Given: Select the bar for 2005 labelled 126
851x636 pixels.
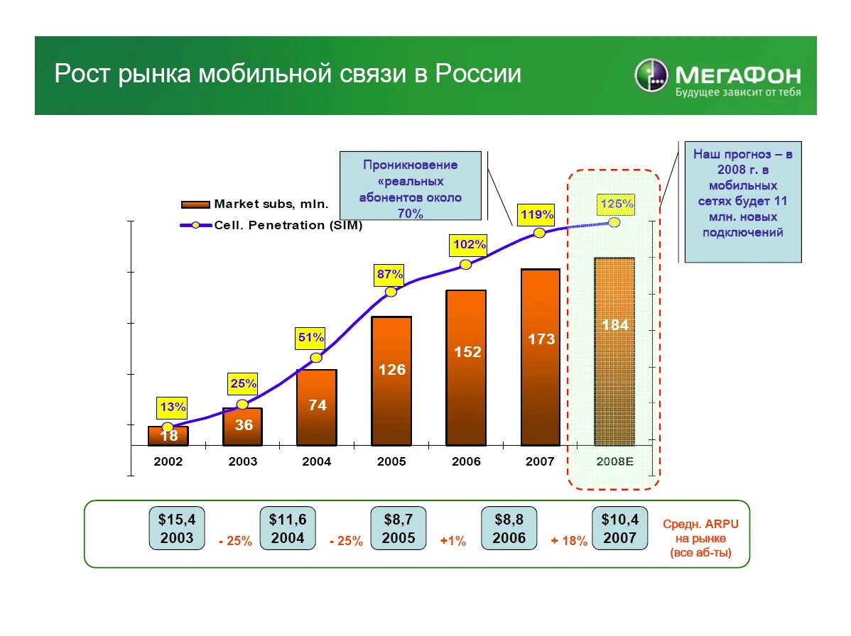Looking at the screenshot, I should coord(391,380).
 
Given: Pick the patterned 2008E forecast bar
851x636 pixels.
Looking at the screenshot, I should coord(614,351).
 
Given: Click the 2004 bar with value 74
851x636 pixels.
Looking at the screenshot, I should coord(317,407).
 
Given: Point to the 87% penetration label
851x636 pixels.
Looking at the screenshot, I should coord(390,274).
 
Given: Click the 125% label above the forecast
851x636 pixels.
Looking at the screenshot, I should coord(616,204).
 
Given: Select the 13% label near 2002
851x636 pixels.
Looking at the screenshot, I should coord(173,407).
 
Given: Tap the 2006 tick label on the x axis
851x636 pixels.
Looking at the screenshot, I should coord(466,461).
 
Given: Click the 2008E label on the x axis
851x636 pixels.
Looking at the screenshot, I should coord(614,461).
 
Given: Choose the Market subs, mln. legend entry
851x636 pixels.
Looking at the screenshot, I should coord(256,204).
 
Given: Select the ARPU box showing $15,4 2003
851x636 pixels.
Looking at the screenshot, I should coord(177,529).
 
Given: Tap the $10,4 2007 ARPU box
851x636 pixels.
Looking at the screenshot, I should coord(619,529).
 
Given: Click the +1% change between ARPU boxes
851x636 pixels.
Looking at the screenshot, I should coord(452,541).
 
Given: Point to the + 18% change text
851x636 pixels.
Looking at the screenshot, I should coord(569,541).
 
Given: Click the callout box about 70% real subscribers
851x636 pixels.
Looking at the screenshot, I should coord(410,186).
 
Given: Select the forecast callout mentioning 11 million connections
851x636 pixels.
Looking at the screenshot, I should coord(742,202).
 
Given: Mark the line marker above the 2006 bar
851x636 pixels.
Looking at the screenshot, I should coord(465,265).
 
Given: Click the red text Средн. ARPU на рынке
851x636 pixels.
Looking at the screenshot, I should coord(700,538).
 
